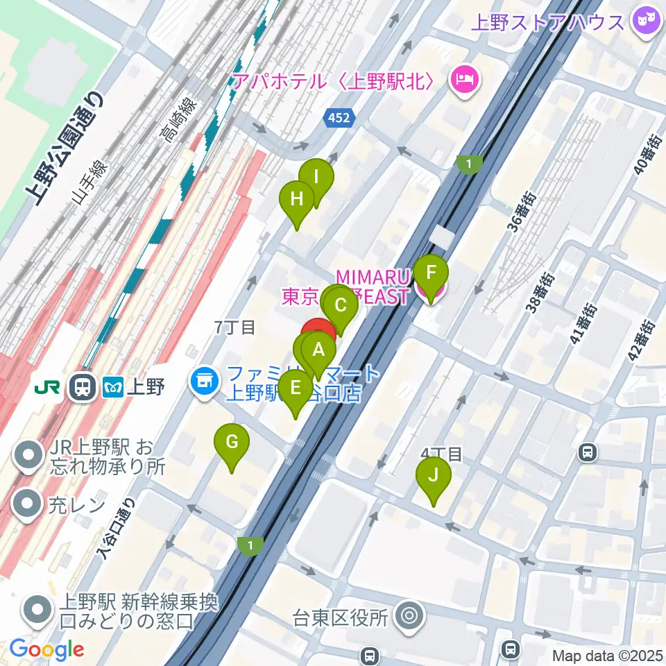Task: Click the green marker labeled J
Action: click(x=434, y=477)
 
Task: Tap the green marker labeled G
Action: click(x=232, y=443)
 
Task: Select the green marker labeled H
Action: click(x=296, y=200)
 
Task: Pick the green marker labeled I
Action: click(x=316, y=178)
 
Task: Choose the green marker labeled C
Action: click(x=340, y=306)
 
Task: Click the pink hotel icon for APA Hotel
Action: click(x=462, y=81)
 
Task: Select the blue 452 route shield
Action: click(x=340, y=118)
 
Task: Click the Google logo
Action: click(x=46, y=649)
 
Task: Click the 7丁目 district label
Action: click(x=234, y=328)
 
